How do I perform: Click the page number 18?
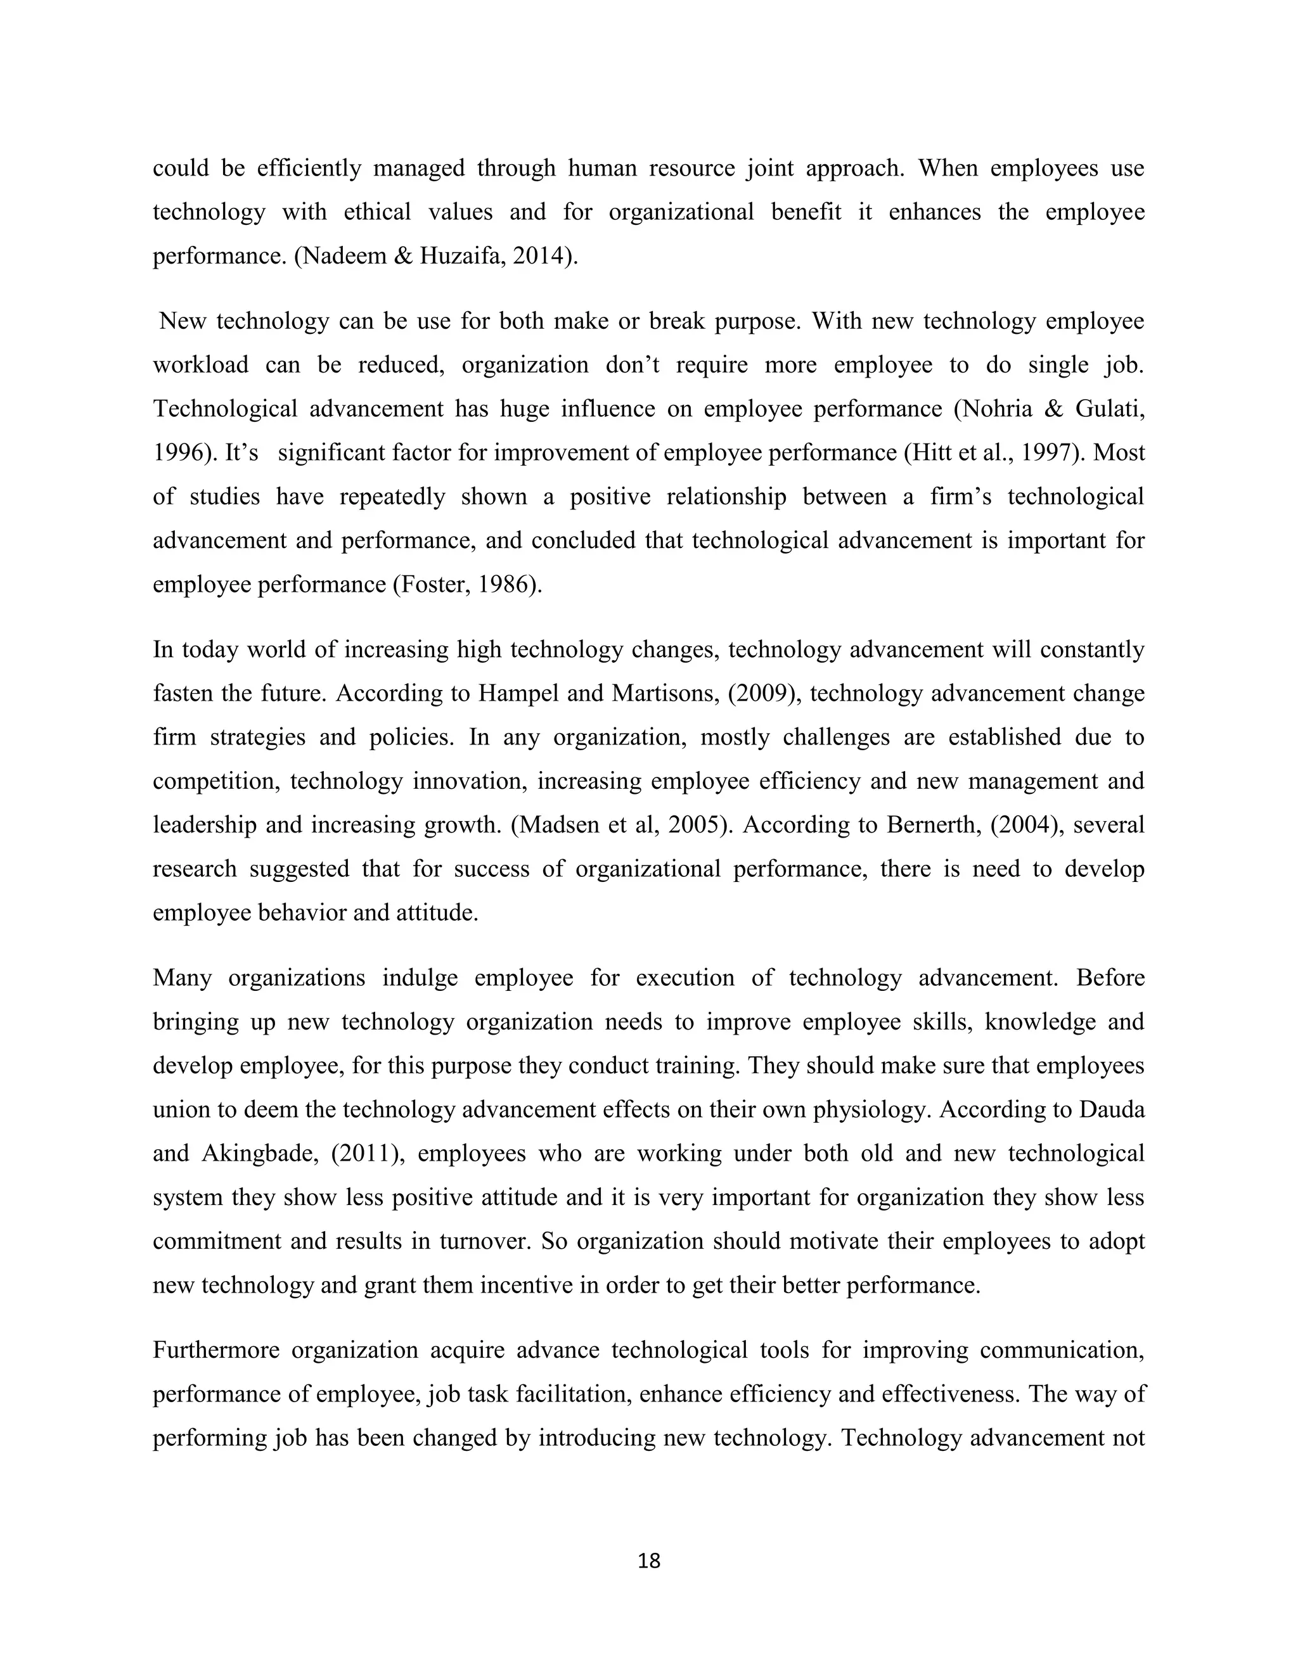(649, 1561)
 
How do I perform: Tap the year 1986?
(505, 584)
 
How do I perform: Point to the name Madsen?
(552, 825)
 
